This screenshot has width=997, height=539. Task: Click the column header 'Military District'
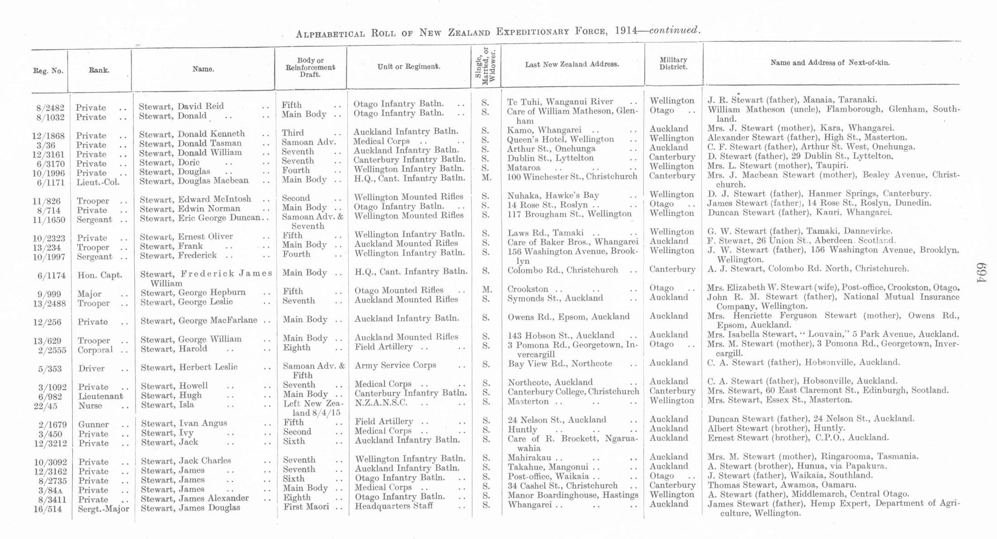pos(673,63)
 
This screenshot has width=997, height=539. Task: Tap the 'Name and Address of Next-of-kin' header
pos(830,63)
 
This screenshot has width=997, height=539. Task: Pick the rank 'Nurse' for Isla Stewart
pos(90,406)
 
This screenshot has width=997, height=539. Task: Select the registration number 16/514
pos(49,509)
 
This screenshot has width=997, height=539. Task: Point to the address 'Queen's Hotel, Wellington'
pos(560,139)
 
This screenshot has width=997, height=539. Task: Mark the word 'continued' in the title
pos(674,30)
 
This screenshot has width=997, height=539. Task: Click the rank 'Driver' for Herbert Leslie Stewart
pos(91,369)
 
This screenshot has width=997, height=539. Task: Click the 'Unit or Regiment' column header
pos(408,66)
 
